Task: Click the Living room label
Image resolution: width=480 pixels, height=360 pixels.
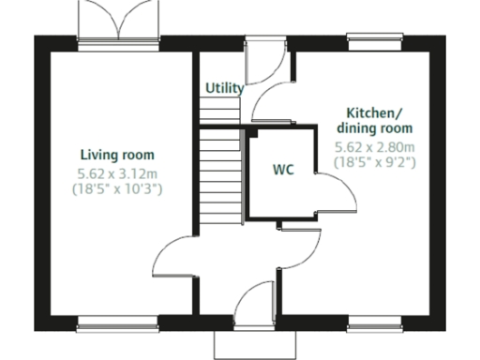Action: [117, 155]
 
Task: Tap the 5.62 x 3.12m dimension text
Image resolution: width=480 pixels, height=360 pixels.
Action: [117, 172]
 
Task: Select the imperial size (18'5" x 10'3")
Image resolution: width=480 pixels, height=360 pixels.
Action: [117, 188]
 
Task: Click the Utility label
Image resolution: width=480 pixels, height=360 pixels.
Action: [224, 88]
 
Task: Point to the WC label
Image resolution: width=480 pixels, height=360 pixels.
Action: [283, 171]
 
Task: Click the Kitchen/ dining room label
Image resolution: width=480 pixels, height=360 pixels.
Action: [375, 119]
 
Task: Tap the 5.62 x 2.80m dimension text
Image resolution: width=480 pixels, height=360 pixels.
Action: [375, 147]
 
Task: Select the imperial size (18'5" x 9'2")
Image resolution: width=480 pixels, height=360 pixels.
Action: [375, 162]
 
